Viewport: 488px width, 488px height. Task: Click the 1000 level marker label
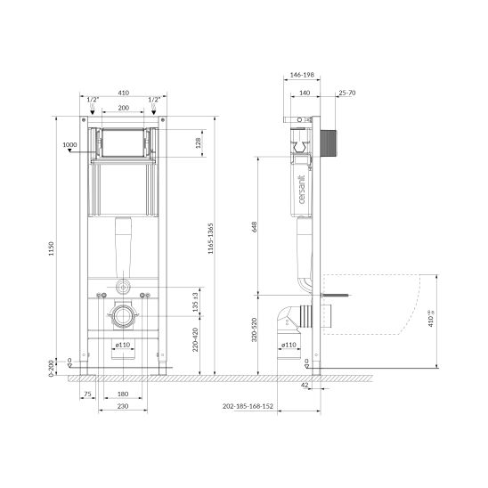click(70, 145)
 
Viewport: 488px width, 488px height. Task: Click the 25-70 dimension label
click(346, 92)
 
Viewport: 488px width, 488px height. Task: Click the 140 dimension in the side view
click(303, 92)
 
